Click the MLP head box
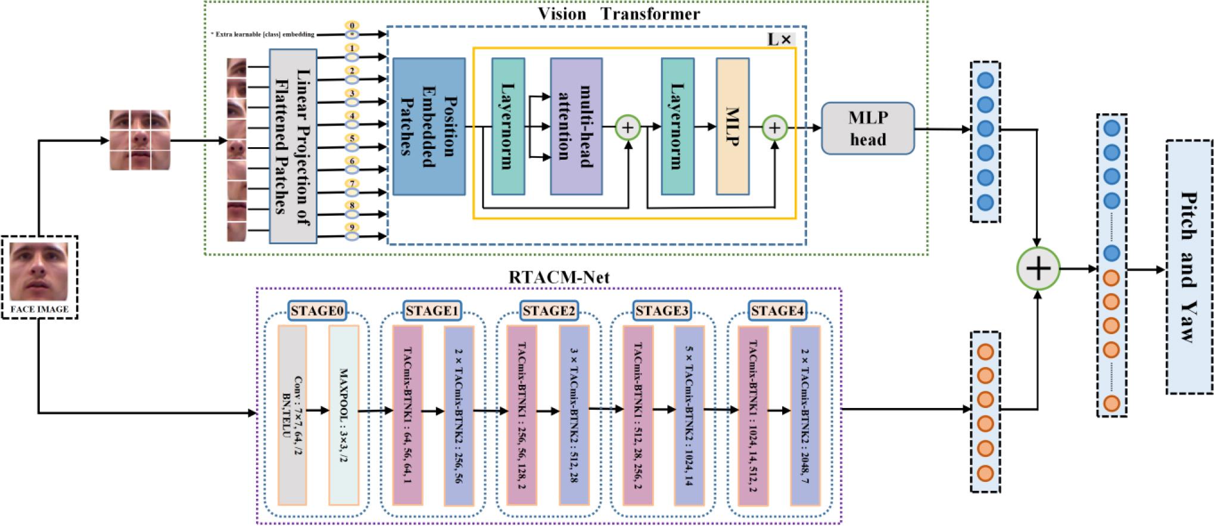868,129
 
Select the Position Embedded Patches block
428,126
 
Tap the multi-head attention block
576,126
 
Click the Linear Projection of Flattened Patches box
292,147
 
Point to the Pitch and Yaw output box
1189,267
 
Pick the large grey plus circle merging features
1038,269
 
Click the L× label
780,39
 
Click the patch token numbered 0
352,30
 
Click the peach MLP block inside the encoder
732,126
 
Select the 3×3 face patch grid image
140,140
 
